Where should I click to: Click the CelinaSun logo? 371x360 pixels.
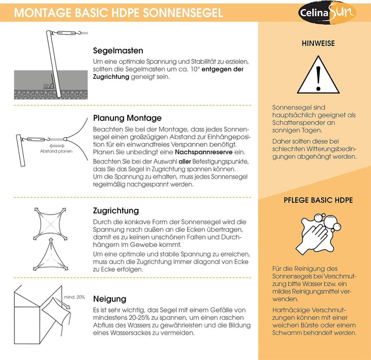tap(327, 12)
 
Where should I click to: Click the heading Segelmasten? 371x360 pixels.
tap(118, 51)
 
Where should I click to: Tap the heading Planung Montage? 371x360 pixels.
tap(127, 118)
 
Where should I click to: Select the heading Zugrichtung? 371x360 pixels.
tap(116, 210)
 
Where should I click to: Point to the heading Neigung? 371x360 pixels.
tap(110, 299)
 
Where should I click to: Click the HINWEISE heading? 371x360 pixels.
tap(318, 43)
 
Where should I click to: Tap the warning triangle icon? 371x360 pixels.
tap(318, 75)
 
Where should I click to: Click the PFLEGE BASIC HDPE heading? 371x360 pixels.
tap(318, 200)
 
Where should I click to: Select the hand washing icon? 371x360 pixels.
tap(318, 234)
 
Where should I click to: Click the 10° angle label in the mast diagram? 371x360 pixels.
tap(46, 86)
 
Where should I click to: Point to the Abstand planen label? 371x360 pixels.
tap(56, 151)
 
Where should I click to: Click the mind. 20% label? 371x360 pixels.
tap(74, 297)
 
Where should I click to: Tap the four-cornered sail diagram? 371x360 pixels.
tap(50, 224)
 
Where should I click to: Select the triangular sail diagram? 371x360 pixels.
tap(50, 255)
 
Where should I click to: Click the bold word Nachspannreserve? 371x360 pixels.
tap(204, 152)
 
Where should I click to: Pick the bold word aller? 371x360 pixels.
tap(184, 161)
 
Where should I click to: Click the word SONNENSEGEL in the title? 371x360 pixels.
tap(182, 13)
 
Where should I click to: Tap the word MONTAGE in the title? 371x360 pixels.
tap(43, 13)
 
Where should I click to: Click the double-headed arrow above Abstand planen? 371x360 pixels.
tap(57, 146)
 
